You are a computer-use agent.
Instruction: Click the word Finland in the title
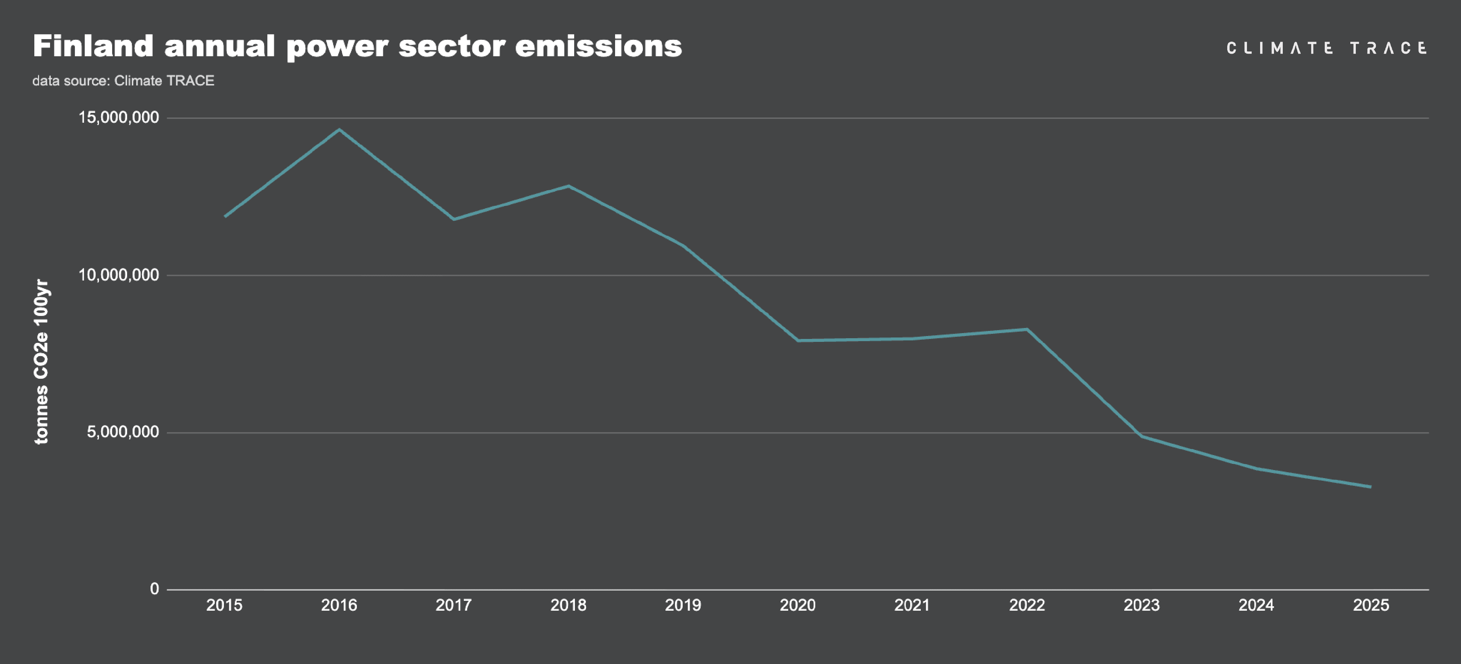(93, 46)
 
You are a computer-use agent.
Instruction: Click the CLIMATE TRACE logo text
(1326, 48)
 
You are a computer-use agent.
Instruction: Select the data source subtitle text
(123, 80)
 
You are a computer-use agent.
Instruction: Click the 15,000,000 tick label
(119, 117)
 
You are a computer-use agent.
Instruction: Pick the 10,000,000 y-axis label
(119, 275)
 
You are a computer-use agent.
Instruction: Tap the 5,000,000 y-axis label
(122, 432)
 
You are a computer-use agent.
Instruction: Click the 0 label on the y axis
(154, 589)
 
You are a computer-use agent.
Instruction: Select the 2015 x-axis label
(224, 605)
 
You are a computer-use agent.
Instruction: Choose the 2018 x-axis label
(568, 605)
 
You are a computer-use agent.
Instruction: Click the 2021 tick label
(912, 605)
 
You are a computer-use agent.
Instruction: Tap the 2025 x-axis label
(1371, 605)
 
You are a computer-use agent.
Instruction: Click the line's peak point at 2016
(339, 129)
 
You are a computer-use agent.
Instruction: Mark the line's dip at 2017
(454, 219)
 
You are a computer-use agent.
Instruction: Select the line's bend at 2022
(1027, 329)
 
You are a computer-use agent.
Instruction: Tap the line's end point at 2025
(1371, 486)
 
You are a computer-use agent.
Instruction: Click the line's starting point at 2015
(225, 216)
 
